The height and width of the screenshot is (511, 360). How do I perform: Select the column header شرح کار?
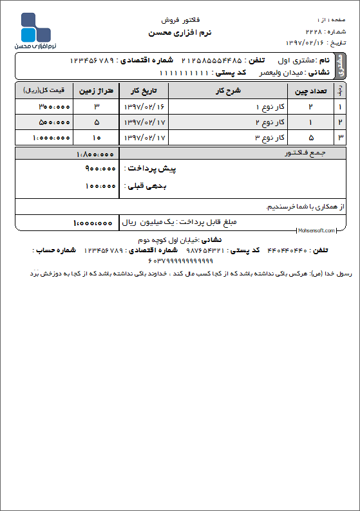(x=229, y=91)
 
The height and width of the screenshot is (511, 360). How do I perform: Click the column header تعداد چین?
(x=310, y=91)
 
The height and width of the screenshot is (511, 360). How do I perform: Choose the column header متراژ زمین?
(x=96, y=91)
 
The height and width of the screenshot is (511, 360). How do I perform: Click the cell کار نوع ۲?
(x=265, y=122)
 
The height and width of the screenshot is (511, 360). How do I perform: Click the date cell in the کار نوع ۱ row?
(x=143, y=106)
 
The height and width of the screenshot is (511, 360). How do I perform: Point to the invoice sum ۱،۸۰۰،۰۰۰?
(x=95, y=154)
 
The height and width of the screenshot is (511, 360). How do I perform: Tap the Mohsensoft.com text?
(x=316, y=230)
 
